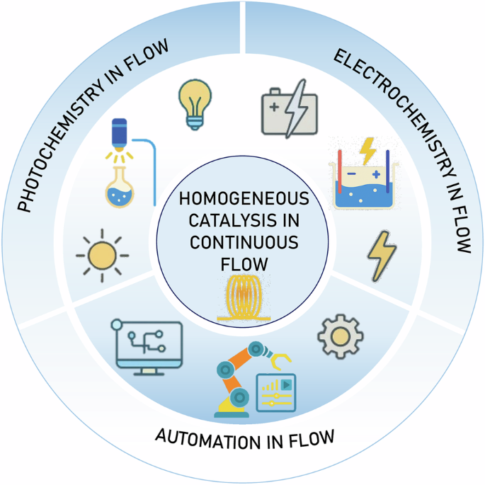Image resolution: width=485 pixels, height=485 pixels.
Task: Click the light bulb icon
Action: point(195,103)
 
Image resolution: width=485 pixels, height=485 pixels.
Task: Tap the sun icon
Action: point(102,254)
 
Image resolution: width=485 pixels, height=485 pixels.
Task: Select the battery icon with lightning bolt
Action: point(289,110)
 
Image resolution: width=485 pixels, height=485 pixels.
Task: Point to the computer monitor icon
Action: point(147,344)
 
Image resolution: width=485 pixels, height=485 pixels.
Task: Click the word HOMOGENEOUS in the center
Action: point(243,200)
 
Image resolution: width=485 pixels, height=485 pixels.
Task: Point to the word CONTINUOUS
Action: point(243,243)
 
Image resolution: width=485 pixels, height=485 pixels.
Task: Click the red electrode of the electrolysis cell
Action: point(339,171)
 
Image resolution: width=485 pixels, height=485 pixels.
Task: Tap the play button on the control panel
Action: point(285,384)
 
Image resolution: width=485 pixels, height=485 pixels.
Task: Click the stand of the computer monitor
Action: point(148,370)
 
